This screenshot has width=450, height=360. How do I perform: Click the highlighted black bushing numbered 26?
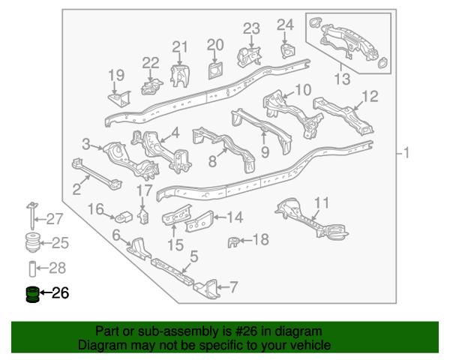click(32, 294)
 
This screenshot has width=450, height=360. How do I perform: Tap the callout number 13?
click(343, 79)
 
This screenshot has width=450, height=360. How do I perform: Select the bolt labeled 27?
click(31, 215)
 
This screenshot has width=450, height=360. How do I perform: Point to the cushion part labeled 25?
click(31, 243)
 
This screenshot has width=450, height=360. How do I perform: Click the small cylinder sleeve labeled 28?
click(32, 268)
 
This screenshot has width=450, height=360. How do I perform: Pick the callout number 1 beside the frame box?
click(406, 153)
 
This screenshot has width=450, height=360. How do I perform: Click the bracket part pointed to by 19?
click(119, 99)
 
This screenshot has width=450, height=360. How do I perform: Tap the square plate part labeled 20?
click(215, 70)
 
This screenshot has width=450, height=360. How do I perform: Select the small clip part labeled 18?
click(233, 242)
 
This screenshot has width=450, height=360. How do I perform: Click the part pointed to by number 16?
click(124, 217)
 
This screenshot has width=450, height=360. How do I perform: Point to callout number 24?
click(285, 25)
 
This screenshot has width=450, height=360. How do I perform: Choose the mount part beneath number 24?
click(288, 51)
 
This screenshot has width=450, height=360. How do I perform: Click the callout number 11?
click(322, 202)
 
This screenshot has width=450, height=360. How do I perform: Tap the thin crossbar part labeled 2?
click(96, 174)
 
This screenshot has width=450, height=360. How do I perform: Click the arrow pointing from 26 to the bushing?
click(45, 292)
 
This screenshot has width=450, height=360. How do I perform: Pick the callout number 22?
click(151, 63)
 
